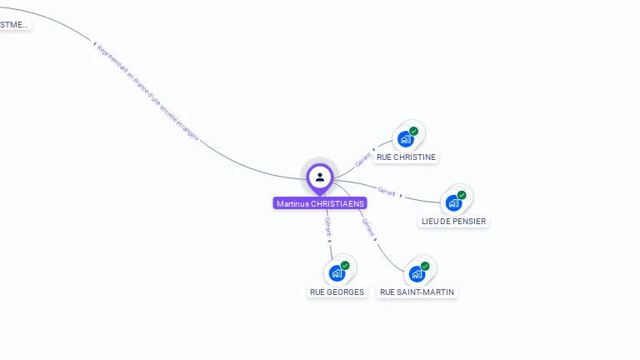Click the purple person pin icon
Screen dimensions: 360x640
[x=320, y=177]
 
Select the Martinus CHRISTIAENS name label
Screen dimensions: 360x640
[x=320, y=203]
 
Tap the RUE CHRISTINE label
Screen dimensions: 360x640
[x=406, y=157]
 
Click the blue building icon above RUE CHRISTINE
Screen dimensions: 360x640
[x=406, y=139]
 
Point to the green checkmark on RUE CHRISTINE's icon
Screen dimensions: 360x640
[x=413, y=132]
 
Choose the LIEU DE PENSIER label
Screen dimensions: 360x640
[x=453, y=221]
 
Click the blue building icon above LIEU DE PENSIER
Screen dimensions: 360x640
[x=453, y=202]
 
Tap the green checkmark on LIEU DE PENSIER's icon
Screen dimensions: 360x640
[x=462, y=195]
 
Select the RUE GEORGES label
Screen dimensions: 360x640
[x=337, y=292]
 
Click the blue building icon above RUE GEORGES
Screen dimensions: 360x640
[x=337, y=273]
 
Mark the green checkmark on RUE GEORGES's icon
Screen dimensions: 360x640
[x=345, y=266]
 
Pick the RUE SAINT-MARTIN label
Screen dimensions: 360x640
[x=417, y=292]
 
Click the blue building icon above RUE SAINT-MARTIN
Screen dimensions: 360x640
[x=417, y=273]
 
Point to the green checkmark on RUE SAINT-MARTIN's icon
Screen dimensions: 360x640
[x=425, y=266]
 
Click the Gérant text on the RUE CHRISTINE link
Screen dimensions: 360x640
[x=362, y=158]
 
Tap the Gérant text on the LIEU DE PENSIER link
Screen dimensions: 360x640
[x=387, y=191]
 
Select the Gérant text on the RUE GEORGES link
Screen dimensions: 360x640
[x=327, y=227]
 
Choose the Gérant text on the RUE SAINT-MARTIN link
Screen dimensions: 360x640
[x=369, y=227]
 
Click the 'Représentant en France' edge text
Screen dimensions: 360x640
[x=148, y=92]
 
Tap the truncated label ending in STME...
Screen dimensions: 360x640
[x=13, y=24]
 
